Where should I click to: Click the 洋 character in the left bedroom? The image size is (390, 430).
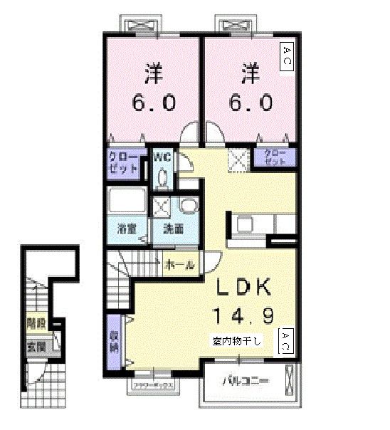pos(152,73)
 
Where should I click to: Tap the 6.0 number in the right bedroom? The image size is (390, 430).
pos(250,103)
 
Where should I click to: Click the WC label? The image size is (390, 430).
pos(160,157)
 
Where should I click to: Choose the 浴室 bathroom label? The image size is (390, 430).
pos(127,229)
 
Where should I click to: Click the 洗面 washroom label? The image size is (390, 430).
pos(174,229)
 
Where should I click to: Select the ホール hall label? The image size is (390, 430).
pos(180,265)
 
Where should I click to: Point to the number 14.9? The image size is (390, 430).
pos(244,314)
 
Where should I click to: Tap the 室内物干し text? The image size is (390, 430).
pos(237,340)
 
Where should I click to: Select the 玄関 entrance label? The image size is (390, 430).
pos(35,348)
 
